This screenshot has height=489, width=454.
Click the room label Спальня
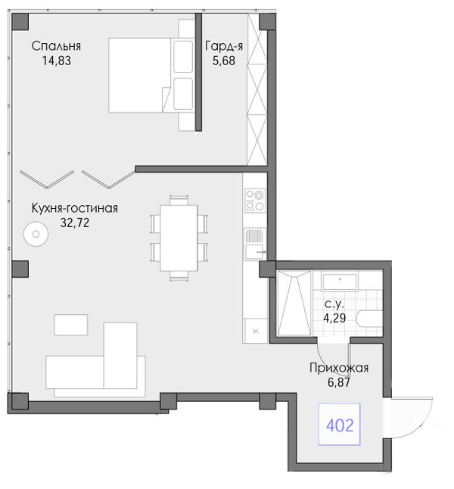click(56, 46)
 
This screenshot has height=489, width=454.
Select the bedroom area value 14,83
click(57, 61)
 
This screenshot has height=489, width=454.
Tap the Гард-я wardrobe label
click(224, 46)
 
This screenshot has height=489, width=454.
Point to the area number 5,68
click(224, 61)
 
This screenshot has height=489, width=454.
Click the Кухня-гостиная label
click(75, 208)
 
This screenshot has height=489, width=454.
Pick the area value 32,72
click(75, 223)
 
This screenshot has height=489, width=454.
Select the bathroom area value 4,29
click(334, 318)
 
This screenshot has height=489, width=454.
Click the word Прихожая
click(339, 368)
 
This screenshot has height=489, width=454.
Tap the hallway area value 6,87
click(339, 382)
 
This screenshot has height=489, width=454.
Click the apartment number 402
click(340, 425)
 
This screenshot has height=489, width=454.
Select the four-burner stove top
click(255, 200)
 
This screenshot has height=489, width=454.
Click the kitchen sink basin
click(254, 252)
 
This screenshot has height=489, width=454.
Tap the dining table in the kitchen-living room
click(179, 238)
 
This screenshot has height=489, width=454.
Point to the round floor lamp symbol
click(36, 234)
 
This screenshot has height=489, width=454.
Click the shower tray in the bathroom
click(294, 303)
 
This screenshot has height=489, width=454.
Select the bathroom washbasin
click(340, 282)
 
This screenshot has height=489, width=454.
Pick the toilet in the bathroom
click(371, 319)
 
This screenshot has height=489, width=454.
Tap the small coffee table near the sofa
click(71, 325)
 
